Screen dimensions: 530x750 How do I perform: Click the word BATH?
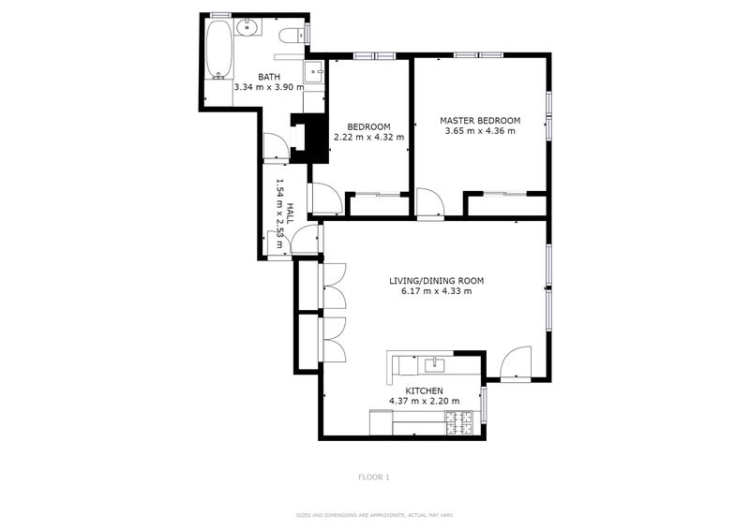click(269, 77)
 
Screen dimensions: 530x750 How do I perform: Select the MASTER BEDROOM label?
click(480, 121)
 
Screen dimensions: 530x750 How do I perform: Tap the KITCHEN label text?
click(424, 390)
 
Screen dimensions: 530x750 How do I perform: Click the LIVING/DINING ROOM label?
click(437, 280)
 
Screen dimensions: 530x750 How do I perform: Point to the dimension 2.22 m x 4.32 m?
click(368, 138)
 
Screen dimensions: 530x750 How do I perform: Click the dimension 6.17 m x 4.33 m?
click(437, 291)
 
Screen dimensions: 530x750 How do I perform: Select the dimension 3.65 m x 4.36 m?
click(480, 132)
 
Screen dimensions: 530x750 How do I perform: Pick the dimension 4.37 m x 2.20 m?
click(424, 402)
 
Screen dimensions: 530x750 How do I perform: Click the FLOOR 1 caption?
click(373, 478)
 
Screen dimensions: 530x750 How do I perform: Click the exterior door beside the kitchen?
click(516, 363)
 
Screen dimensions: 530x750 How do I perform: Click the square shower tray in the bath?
click(313, 71)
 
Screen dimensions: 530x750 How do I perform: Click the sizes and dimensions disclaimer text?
click(374, 515)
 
